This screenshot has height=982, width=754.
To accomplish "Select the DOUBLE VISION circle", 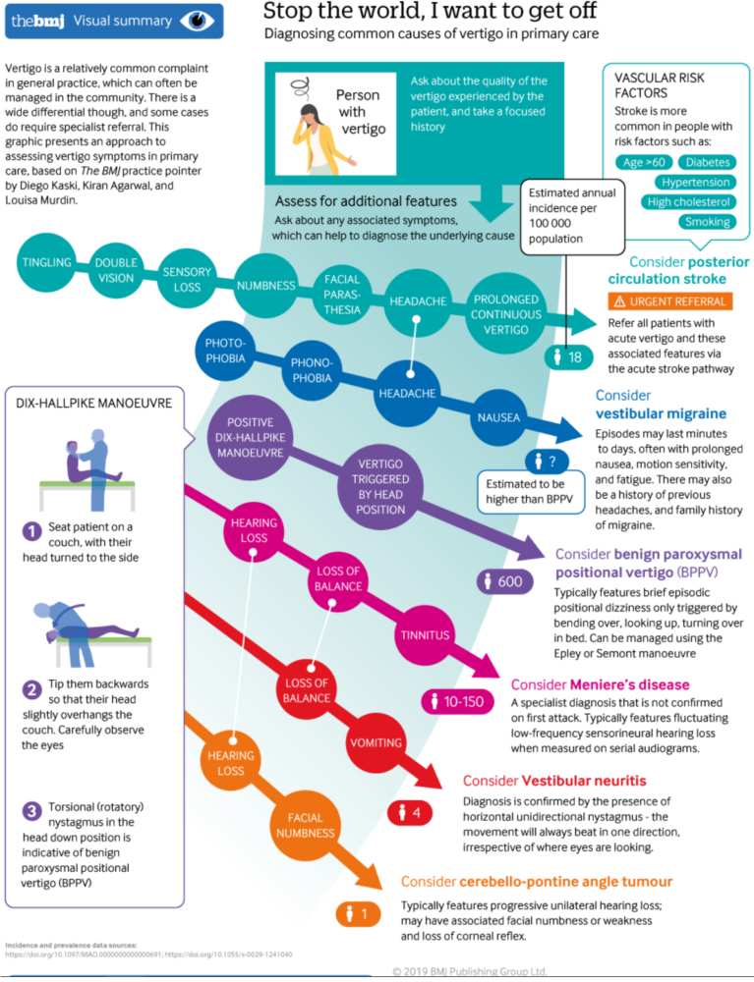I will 116,271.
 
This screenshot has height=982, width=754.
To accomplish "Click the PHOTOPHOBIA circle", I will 225,351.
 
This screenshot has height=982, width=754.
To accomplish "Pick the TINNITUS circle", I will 424,634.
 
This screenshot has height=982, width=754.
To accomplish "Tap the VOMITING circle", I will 375,743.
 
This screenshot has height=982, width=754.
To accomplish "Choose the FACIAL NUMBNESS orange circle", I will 306,824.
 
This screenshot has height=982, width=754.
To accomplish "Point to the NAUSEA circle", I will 498,417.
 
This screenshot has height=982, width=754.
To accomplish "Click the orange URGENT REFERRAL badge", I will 668,300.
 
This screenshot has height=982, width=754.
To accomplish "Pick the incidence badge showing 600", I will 504,581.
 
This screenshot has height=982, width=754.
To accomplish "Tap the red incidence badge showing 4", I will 410,812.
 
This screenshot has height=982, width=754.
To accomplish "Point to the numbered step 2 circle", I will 31,689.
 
